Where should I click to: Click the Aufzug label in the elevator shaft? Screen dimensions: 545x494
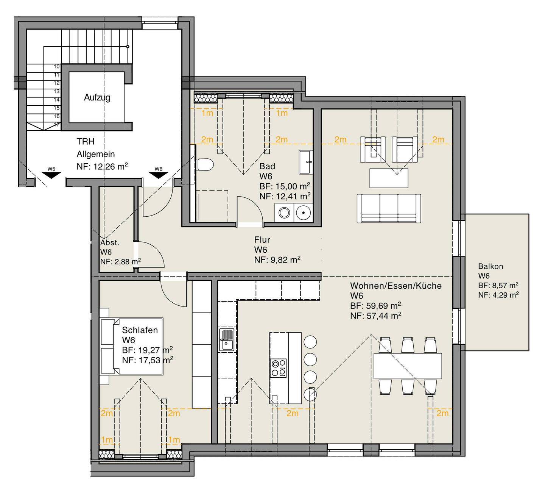pyautogui.click(x=97, y=97)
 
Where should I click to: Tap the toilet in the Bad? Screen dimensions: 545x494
pyautogui.click(x=206, y=164)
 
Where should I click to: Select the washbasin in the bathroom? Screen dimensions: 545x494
pyautogui.click(x=306, y=162)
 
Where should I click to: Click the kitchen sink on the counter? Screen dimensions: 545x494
pyautogui.click(x=227, y=340)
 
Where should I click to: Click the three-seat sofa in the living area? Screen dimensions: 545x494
pyautogui.click(x=389, y=208)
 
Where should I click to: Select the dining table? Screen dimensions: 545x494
pyautogui.click(x=408, y=366)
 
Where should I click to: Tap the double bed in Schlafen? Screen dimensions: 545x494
pyautogui.click(x=132, y=346)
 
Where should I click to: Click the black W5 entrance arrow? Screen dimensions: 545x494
pyautogui.click(x=51, y=175)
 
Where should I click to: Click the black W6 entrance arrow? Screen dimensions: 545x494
pyautogui.click(x=159, y=175)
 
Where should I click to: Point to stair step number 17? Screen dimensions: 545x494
pyautogui.click(x=56, y=125)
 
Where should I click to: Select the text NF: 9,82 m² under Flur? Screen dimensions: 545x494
pyautogui.click(x=277, y=260)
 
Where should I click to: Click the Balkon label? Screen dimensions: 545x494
pyautogui.click(x=490, y=266)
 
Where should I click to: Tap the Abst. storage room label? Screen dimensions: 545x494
pyautogui.click(x=110, y=242)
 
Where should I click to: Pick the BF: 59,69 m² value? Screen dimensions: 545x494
pyautogui.click(x=375, y=306)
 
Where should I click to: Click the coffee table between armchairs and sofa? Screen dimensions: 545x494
pyautogui.click(x=389, y=178)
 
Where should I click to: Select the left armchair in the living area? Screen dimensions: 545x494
pyautogui.click(x=373, y=149)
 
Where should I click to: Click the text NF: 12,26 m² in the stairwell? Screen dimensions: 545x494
pyautogui.click(x=102, y=166)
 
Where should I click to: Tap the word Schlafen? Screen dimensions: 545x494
pyautogui.click(x=140, y=330)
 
